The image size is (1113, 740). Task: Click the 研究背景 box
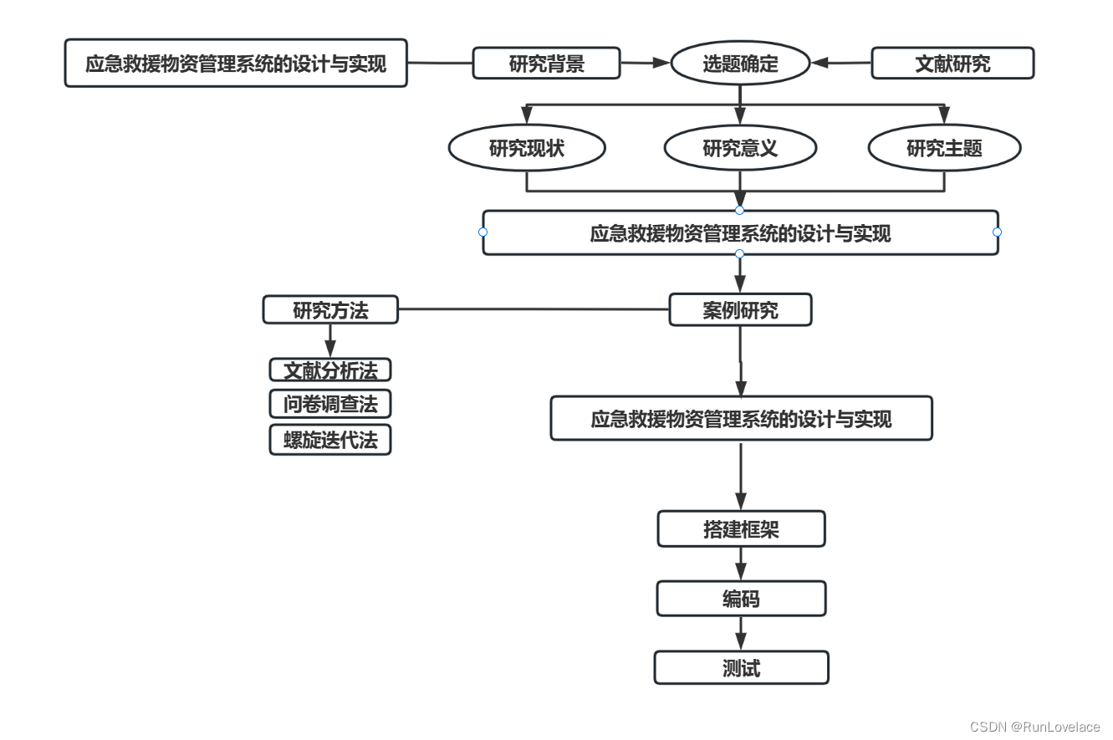[x=546, y=64]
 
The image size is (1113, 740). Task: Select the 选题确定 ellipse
[x=740, y=64]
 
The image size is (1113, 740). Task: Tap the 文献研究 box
[x=952, y=64]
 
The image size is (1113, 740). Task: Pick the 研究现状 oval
[x=527, y=149]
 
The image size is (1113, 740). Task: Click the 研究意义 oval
[x=740, y=149]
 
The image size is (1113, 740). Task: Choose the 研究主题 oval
[x=944, y=149]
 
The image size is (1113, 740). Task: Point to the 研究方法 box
[x=330, y=310]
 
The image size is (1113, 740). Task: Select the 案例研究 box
[x=740, y=310]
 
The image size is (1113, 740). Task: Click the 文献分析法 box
[x=330, y=370]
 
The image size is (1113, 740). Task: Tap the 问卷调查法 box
[x=330, y=405]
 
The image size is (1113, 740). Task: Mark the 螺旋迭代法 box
[x=330, y=440]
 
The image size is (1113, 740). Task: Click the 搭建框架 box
[x=741, y=529]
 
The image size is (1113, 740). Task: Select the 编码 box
[x=741, y=599]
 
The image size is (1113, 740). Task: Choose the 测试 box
[x=741, y=668]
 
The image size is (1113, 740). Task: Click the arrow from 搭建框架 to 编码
[x=741, y=564]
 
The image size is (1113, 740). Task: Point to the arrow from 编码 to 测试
[x=741, y=633]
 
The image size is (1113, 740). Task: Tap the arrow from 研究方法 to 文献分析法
[x=330, y=340]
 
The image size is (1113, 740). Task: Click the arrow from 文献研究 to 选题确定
[x=841, y=63]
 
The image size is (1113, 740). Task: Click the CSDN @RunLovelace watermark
[x=1035, y=727]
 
